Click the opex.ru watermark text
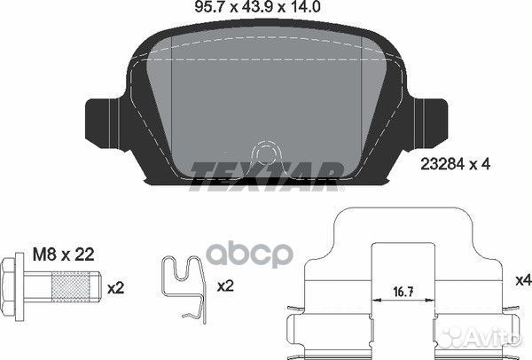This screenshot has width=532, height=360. tap(266, 252)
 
